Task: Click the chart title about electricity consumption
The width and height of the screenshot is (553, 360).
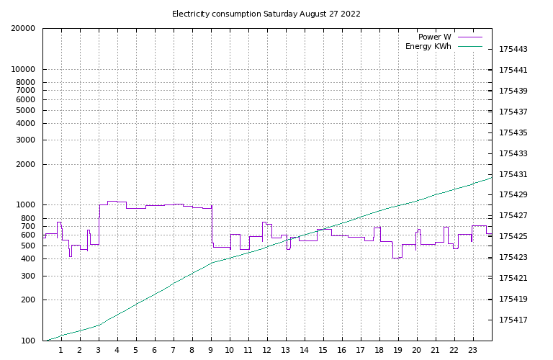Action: click(266, 14)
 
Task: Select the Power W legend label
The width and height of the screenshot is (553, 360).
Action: click(434, 37)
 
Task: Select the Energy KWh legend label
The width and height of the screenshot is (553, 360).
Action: click(428, 47)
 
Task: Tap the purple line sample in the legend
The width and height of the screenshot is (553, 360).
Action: click(468, 37)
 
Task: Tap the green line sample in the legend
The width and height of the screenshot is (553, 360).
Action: click(468, 47)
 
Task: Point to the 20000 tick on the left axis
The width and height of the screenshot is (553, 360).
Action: click(24, 29)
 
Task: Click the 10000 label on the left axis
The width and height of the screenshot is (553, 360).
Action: click(24, 70)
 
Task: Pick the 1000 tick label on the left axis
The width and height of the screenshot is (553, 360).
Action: click(26, 205)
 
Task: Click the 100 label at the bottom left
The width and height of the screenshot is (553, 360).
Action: click(28, 341)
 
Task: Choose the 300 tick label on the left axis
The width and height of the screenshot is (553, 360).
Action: click(28, 276)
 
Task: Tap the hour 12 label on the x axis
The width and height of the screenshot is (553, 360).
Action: click(267, 351)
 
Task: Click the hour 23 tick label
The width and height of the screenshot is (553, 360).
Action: click(473, 351)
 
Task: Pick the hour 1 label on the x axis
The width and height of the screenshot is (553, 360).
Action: click(61, 351)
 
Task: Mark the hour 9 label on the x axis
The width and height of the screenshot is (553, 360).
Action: click(211, 351)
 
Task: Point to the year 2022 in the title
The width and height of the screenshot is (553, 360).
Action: click(351, 14)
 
